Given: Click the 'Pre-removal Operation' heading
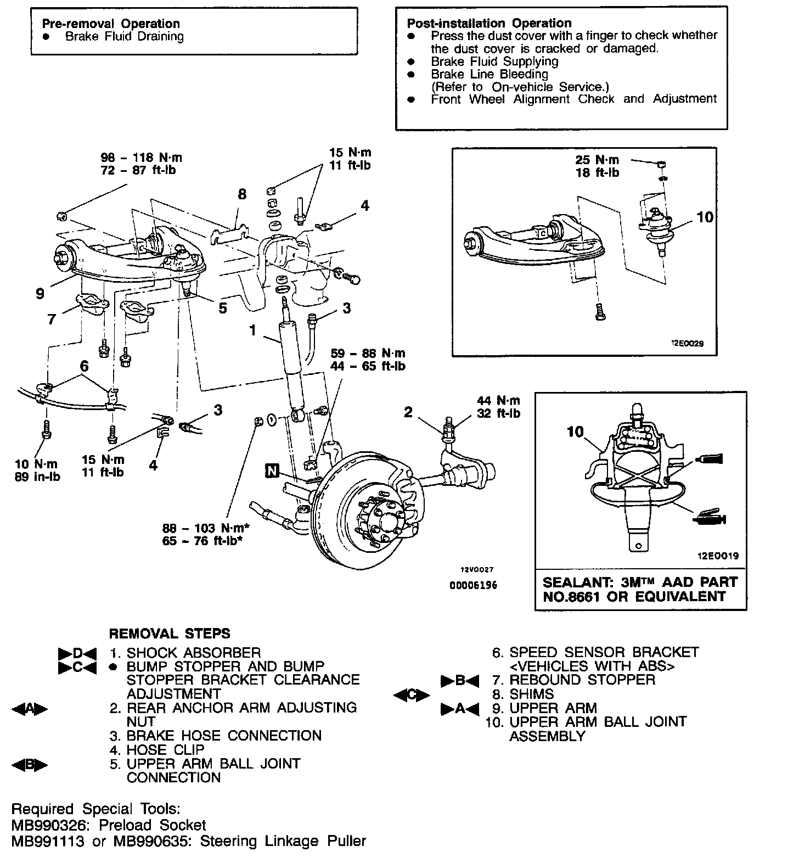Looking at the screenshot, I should (x=111, y=24).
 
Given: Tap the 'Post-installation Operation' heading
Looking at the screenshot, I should (x=489, y=23).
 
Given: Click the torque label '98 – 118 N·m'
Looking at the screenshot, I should (x=141, y=158).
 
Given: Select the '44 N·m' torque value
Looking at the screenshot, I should (x=498, y=401).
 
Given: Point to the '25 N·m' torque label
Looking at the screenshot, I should (x=597, y=160).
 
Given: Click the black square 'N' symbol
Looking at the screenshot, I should (x=272, y=470).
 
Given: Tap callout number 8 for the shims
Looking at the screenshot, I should (x=242, y=194).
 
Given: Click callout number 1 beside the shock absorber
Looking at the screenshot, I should (x=252, y=330).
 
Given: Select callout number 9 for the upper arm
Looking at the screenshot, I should (x=40, y=294).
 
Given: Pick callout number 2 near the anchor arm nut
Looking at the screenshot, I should (x=408, y=412).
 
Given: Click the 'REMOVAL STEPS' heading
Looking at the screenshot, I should (x=170, y=634).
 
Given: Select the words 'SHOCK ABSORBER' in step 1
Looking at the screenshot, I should (x=194, y=653).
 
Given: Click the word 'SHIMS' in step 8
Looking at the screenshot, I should (x=532, y=694).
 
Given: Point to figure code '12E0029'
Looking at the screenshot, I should (x=687, y=344).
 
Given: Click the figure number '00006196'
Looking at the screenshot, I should (x=473, y=585).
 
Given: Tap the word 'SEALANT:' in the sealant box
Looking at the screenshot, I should (x=574, y=582).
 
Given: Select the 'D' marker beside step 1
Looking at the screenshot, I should (x=77, y=653).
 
